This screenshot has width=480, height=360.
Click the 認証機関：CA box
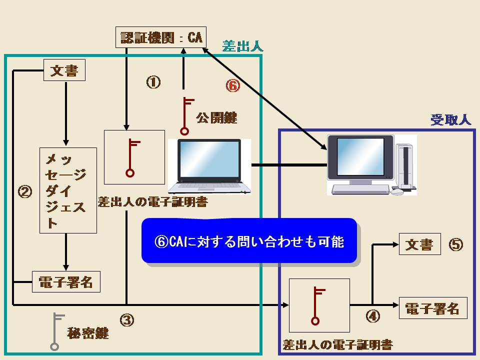[x=160, y=37]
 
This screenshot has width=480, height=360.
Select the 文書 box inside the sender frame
[x=64, y=70]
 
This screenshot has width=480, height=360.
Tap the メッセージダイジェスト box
[x=68, y=190]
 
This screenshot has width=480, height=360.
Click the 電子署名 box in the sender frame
[x=66, y=281]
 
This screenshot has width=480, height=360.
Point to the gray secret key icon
[x=55, y=331]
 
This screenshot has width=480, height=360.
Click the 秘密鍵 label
[x=88, y=333]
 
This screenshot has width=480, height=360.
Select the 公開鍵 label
[x=216, y=117]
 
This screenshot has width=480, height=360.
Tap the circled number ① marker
[x=153, y=82]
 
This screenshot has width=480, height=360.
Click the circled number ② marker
[x=25, y=191]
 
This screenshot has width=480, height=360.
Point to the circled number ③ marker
[x=126, y=320]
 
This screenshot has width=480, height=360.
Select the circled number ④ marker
[x=373, y=316]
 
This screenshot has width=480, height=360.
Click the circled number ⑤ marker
[x=455, y=244]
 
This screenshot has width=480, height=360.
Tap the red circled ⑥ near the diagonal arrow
[x=233, y=85]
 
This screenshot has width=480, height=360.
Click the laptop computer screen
[x=209, y=158]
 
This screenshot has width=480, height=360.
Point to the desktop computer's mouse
[x=397, y=191]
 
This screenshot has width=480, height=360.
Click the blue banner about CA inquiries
[x=249, y=240]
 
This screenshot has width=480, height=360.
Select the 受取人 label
[x=450, y=119]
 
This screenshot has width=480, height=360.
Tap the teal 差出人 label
[x=242, y=46]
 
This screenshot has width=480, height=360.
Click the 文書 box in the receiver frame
[x=419, y=244]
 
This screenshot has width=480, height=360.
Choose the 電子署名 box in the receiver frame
[x=433, y=308]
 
